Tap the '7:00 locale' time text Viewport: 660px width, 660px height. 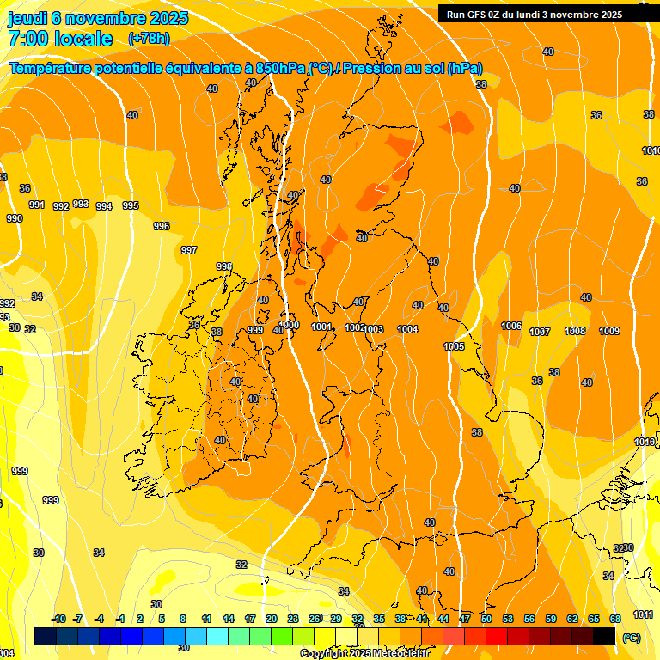60,39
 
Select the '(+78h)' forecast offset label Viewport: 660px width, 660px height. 149,39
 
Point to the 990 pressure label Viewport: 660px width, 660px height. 15,218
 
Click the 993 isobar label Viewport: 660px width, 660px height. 81,204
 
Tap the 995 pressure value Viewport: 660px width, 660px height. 131,205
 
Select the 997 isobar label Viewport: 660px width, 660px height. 189,250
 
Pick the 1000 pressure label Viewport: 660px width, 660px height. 290,325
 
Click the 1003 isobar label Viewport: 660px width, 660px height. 373,329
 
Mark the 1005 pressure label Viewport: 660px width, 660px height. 454,346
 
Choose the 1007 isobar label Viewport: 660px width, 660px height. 540,332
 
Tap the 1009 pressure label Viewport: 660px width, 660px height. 609,331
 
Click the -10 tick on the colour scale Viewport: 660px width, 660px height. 58,619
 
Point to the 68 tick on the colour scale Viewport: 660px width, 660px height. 615,619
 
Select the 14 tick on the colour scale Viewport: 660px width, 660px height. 229,619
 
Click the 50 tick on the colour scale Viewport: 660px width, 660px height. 486,619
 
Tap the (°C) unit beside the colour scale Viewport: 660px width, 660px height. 632,637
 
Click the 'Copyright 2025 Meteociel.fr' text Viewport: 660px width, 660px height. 364,654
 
